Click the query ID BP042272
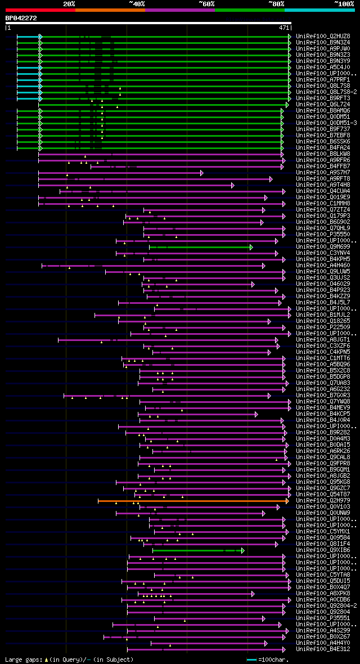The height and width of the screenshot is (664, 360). (x=21, y=18)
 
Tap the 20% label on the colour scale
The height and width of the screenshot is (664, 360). (x=69, y=3)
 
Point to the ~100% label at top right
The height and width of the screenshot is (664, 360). (x=344, y=3)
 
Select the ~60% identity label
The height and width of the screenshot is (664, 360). (x=206, y=3)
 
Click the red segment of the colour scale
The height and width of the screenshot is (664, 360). (x=39, y=10)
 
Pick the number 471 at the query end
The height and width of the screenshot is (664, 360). (x=283, y=27)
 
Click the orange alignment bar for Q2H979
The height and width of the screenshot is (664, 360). (x=191, y=500)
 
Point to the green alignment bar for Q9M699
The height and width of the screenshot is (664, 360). (x=200, y=246)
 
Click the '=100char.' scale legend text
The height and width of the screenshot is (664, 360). (x=274, y=659)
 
